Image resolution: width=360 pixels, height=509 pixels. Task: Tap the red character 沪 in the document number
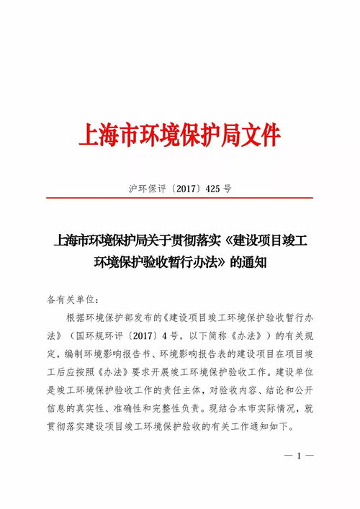pyautogui.click(x=133, y=189)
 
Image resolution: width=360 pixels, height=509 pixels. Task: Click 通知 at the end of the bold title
pyautogui.click(x=256, y=263)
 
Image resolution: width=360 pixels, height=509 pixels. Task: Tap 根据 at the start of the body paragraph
pyautogui.click(x=76, y=317)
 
